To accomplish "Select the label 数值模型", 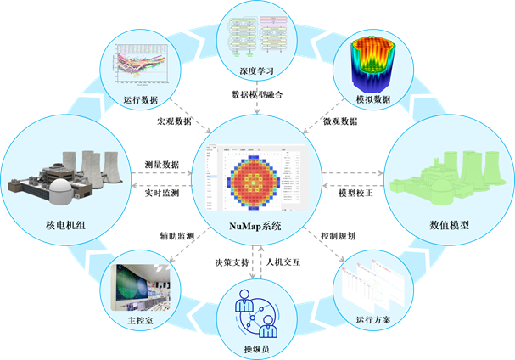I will coord(450,225).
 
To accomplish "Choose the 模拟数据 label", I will coord(373,99).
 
